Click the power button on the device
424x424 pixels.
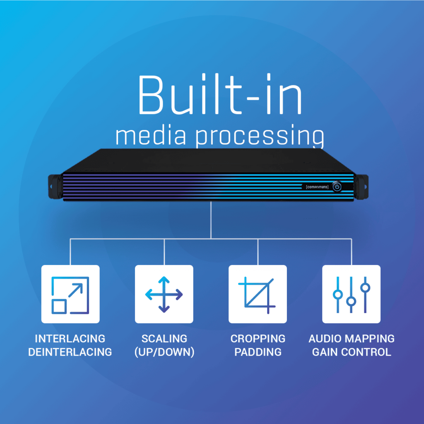click(337, 187)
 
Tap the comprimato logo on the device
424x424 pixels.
click(317, 187)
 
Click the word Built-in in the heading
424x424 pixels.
click(220, 94)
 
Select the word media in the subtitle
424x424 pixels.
click(151, 135)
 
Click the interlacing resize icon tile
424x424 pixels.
click(70, 294)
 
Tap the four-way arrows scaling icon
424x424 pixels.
click(164, 294)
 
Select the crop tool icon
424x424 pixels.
click(257, 295)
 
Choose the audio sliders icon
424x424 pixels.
click(351, 295)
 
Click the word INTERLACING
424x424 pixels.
click(70, 339)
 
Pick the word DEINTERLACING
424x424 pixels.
click(70, 352)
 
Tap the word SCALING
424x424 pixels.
click(164, 339)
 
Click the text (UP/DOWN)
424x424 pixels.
click(164, 352)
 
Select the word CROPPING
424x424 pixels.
click(258, 339)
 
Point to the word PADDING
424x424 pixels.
click(258, 352)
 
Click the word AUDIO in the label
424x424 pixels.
click(325, 339)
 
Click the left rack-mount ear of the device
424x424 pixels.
click(55, 187)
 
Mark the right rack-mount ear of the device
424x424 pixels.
click(361, 187)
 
